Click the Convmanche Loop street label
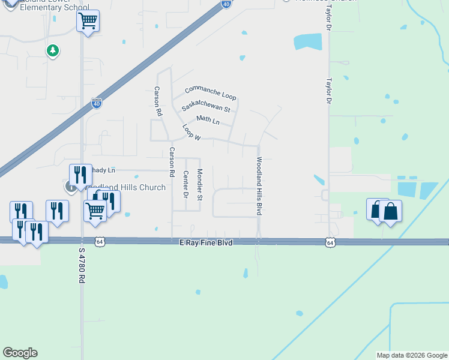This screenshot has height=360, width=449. [211, 93]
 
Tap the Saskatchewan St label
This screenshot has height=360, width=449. [206, 106]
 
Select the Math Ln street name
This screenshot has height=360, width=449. [208, 120]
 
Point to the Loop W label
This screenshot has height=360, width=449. [191, 133]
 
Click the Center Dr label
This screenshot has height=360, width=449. [185, 185]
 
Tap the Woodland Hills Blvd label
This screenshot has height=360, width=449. [260, 186]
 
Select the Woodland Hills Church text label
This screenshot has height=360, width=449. [126, 188]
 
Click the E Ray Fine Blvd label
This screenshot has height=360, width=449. [206, 242]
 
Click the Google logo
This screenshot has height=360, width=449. [20, 353]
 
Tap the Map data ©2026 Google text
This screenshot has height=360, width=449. [411, 355]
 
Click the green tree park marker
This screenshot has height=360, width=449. [53, 50]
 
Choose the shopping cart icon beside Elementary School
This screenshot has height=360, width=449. [88, 22]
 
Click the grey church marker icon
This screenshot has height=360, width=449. [71, 187]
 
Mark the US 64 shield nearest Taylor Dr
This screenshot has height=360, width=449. [330, 242]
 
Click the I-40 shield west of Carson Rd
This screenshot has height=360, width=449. [97, 103]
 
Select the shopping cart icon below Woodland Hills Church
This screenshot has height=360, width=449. [95, 211]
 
